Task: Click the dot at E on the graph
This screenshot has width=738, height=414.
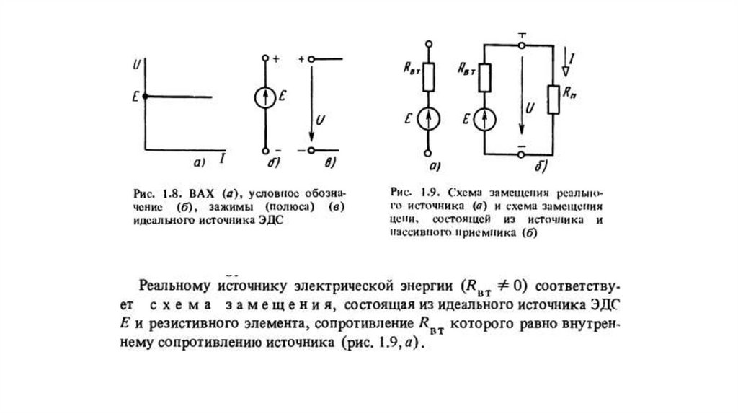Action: click(145, 96)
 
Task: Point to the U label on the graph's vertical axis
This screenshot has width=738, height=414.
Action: click(136, 66)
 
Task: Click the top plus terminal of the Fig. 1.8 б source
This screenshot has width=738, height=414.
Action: click(265, 57)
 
